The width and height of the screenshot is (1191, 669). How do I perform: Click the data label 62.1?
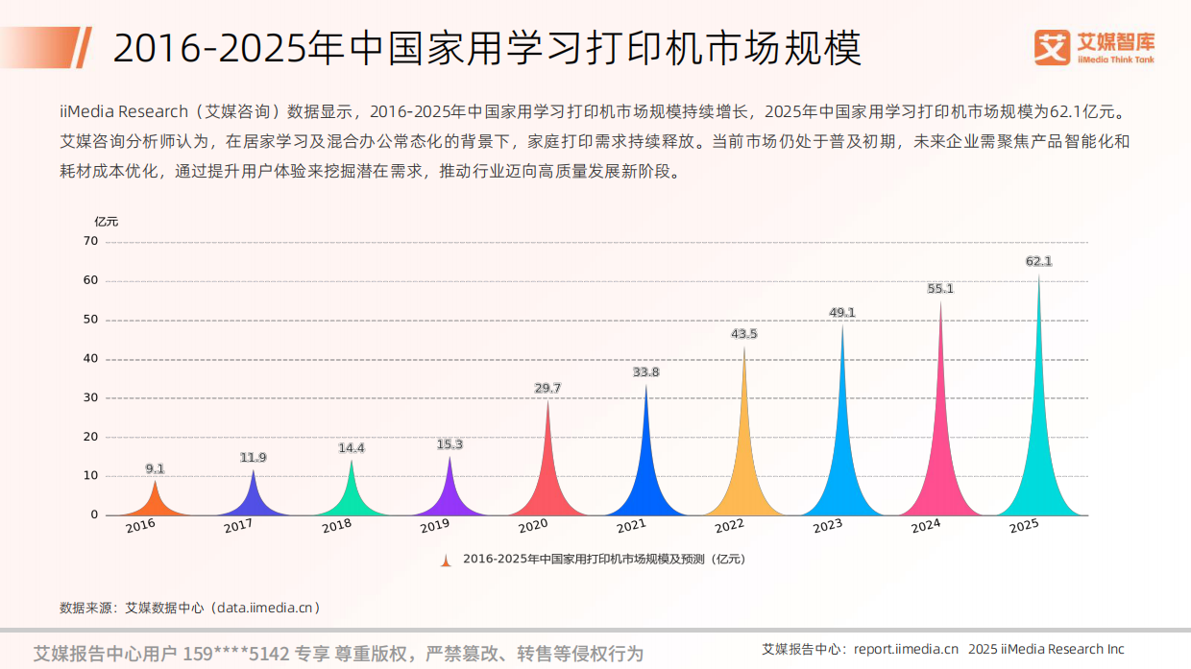point(1038,261)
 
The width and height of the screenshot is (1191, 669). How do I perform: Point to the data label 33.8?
point(645,371)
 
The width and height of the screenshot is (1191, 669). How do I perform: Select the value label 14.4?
point(352,447)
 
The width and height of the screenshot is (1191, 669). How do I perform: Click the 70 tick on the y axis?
point(91,241)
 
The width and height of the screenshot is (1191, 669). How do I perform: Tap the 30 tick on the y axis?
point(91,397)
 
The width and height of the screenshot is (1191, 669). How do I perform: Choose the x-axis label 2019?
point(435,526)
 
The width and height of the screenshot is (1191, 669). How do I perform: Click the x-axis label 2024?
point(926,526)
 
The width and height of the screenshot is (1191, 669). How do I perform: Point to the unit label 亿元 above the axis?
point(106,221)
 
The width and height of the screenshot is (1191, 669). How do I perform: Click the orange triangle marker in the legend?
point(446,560)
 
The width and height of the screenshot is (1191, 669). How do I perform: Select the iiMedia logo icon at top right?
point(1052,47)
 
